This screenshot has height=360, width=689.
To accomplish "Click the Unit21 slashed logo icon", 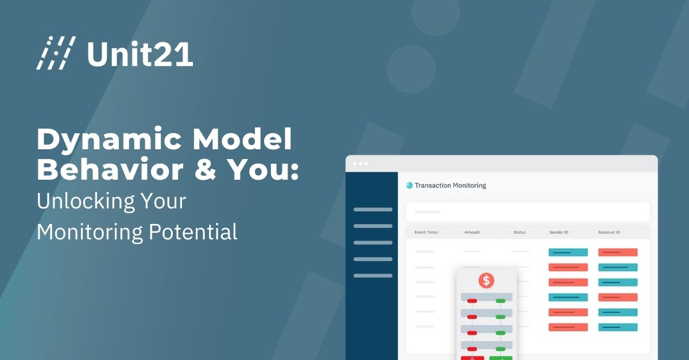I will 56,53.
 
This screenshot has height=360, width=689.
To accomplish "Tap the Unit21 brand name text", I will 140,53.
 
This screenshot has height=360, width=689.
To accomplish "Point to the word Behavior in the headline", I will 106,171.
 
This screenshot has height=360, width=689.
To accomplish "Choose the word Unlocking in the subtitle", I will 84,202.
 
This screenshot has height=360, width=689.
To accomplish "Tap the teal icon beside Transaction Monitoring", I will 409,185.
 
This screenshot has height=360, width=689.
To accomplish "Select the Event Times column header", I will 427,233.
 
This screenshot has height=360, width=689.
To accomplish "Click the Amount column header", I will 472,233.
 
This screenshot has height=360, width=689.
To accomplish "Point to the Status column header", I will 520,233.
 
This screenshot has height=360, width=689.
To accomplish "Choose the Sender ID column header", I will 559,233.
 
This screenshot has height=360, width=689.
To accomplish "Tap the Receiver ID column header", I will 609,233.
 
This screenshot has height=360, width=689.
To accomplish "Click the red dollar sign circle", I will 486,280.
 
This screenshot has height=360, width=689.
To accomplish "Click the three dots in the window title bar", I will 361,164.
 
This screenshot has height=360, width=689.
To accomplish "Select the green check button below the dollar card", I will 501,358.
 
